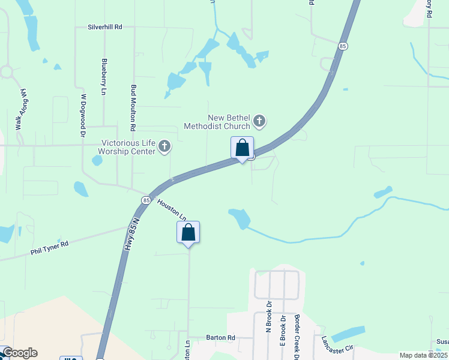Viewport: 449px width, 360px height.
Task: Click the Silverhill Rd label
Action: point(105,27)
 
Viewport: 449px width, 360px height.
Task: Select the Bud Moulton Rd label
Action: point(133,107)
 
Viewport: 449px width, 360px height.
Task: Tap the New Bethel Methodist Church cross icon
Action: point(259,121)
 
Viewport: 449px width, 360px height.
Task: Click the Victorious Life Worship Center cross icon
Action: point(164,146)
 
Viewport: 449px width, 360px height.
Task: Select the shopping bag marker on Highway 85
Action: point(242,148)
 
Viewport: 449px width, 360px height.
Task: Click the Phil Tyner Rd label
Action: point(50,248)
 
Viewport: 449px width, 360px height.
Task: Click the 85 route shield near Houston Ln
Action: point(146,199)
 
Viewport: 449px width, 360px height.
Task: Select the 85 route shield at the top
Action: point(342,46)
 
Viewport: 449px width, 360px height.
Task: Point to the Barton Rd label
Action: point(220,338)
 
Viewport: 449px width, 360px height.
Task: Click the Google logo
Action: point(19,353)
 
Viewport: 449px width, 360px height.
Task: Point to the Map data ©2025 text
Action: point(423,355)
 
